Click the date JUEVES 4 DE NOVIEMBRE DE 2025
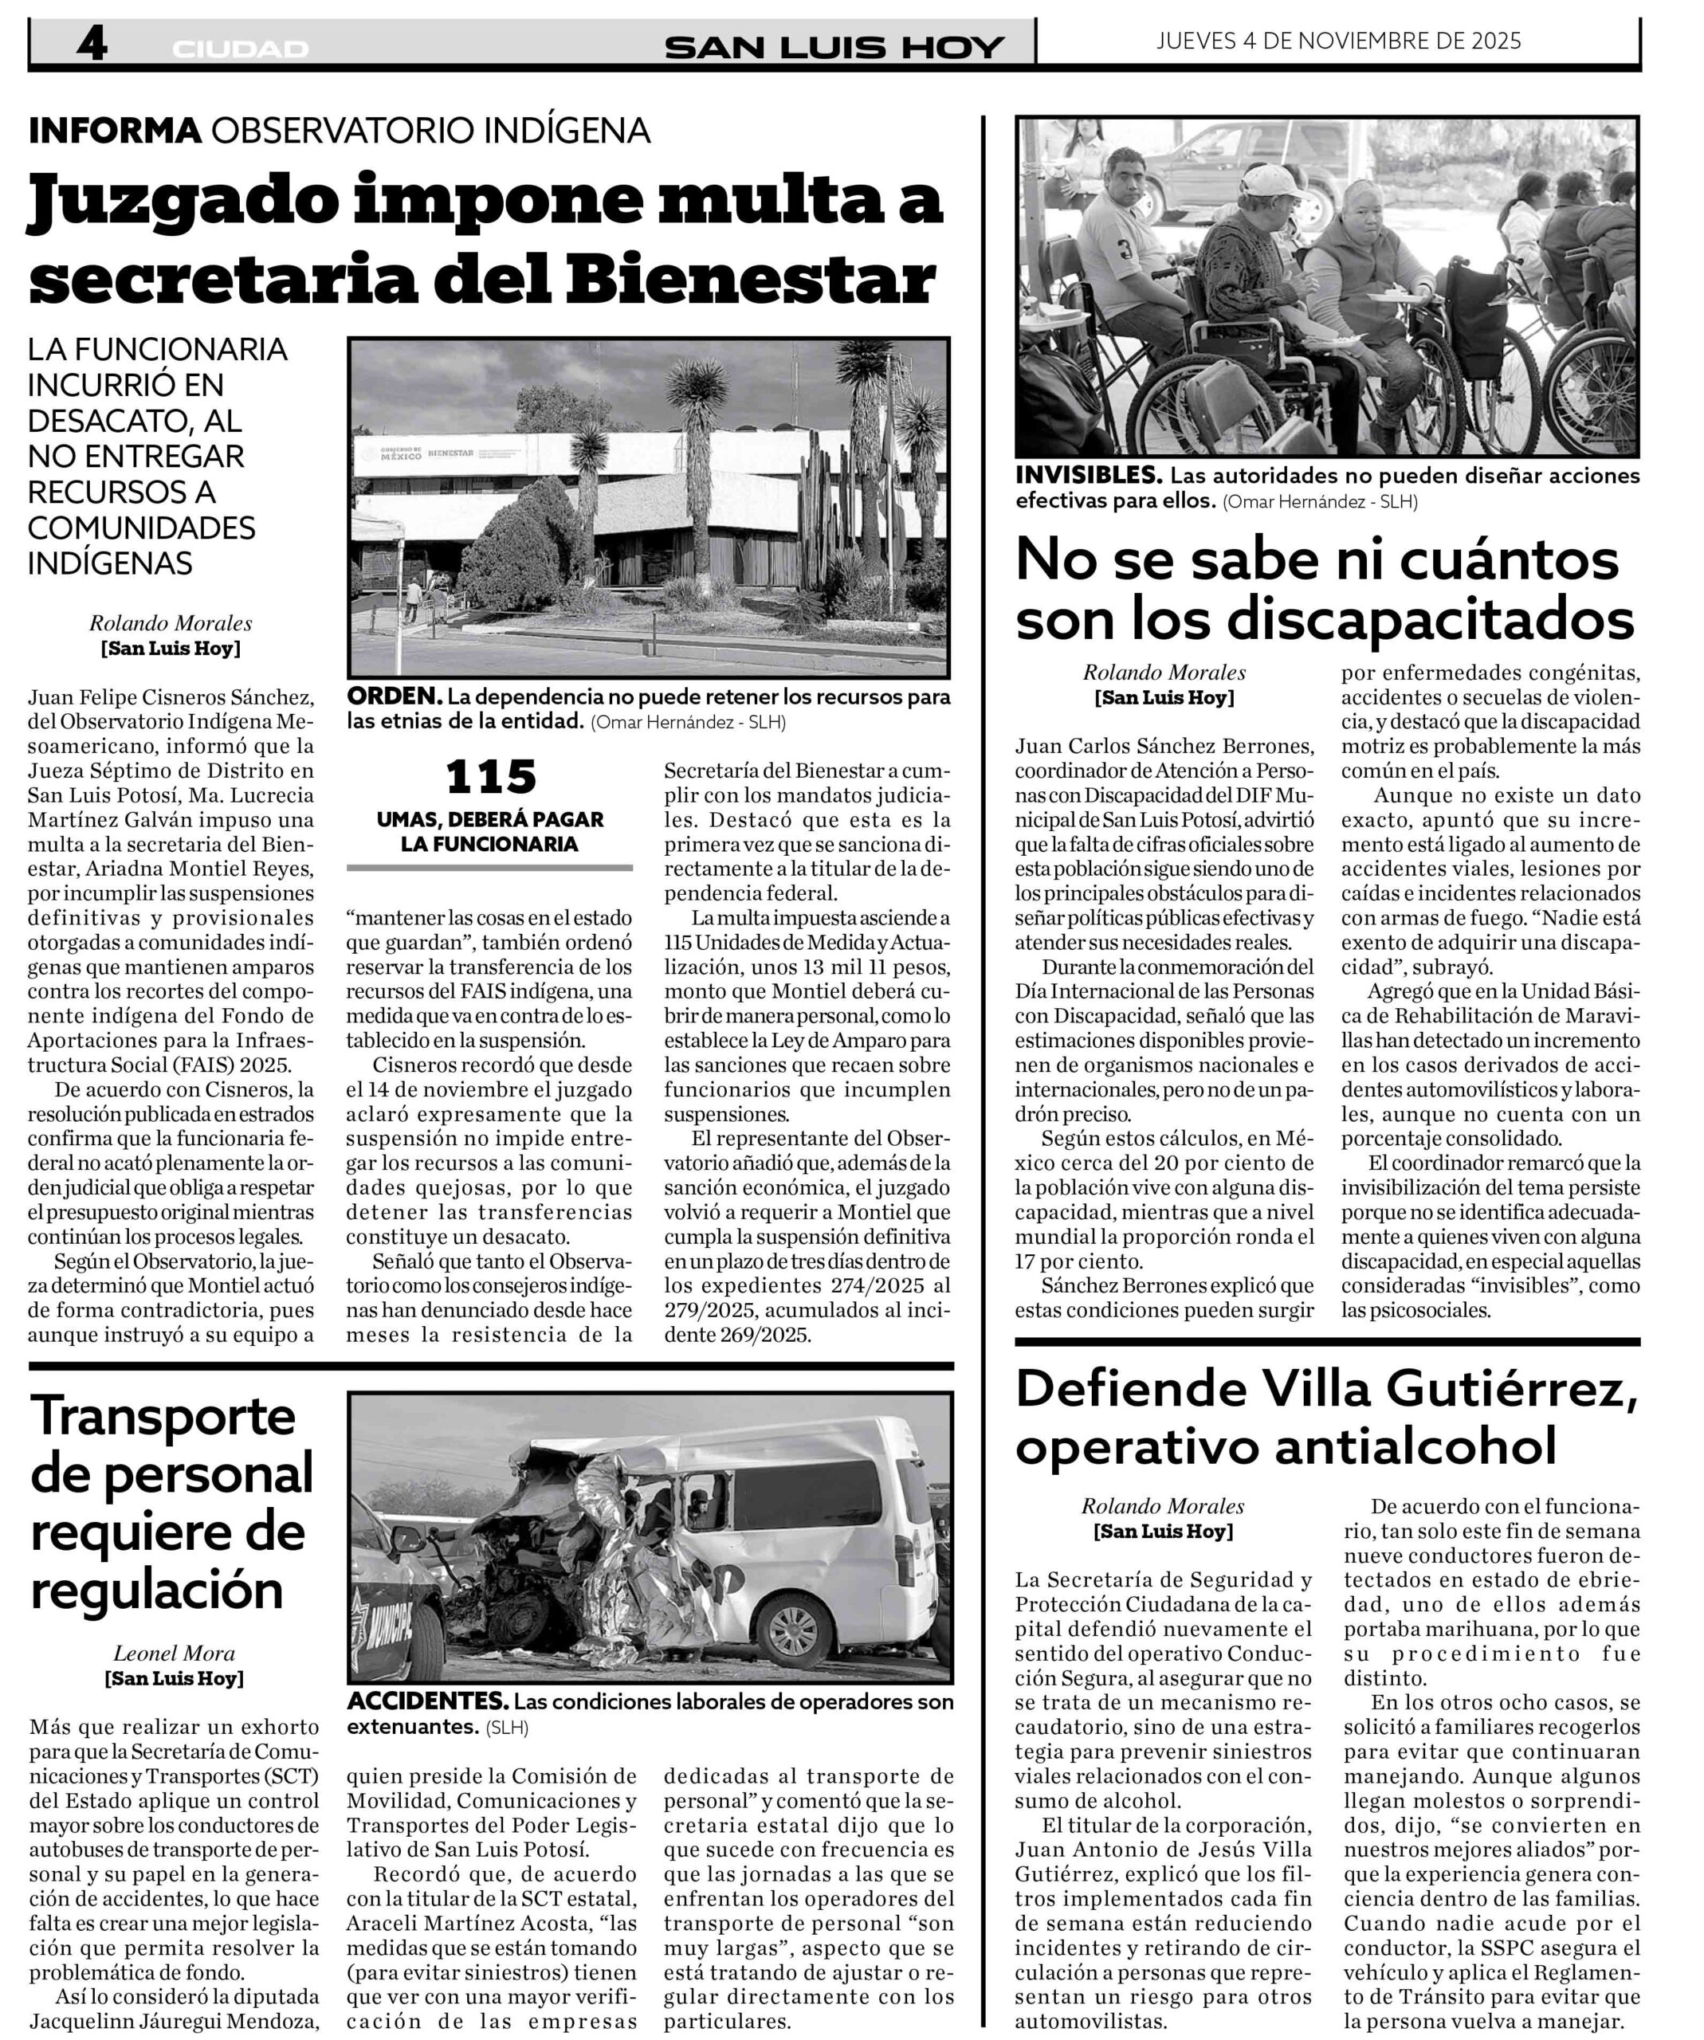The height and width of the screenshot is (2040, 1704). (x=1339, y=41)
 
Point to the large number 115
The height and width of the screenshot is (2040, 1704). (x=491, y=777)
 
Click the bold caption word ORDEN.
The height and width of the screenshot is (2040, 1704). (x=395, y=696)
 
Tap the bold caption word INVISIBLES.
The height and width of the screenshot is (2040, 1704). (x=1088, y=476)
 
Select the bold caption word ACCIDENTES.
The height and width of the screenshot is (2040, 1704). (x=427, y=1701)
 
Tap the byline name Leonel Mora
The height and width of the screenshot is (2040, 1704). (x=174, y=1653)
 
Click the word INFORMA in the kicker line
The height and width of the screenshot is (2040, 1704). (x=115, y=130)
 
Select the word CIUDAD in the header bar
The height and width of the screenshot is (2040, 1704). (x=240, y=49)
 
